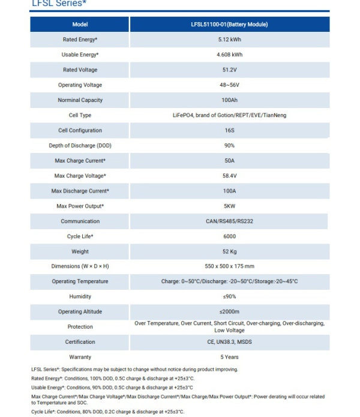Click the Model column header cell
[x=80, y=25]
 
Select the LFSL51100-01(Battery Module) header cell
[x=229, y=25]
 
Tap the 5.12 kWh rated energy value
[x=229, y=40]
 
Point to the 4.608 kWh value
[x=229, y=55]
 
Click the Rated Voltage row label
[x=80, y=70]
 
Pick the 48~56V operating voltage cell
[x=229, y=85]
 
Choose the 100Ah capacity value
[x=229, y=100]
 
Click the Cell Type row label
[x=80, y=115]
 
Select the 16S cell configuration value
[x=229, y=130]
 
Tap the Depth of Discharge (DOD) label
[x=80, y=146]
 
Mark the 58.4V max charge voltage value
[x=229, y=176]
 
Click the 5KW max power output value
[x=229, y=206]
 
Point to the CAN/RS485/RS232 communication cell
[x=229, y=221]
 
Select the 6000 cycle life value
[x=229, y=236]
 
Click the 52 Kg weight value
[x=229, y=251]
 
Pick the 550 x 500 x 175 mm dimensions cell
[x=229, y=266]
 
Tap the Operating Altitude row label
[x=80, y=312]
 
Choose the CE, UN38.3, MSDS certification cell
[x=229, y=342]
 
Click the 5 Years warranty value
[x=229, y=357]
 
